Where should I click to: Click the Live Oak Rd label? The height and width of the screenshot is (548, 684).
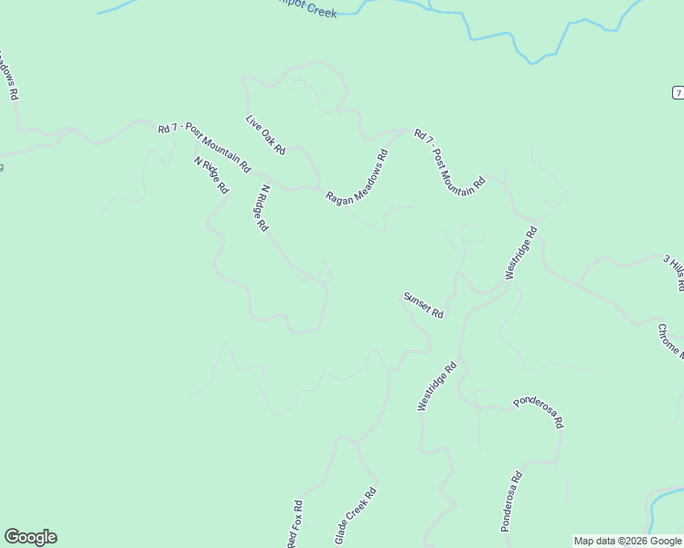(266, 134)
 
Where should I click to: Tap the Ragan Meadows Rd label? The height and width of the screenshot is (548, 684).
(358, 177)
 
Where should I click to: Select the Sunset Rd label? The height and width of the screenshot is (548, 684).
(423, 305)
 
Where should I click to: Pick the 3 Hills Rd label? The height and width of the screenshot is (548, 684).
(673, 272)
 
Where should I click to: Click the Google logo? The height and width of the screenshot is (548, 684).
(30, 537)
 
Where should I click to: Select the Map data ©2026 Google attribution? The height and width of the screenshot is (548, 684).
(627, 541)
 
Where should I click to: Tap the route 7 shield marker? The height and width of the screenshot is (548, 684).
(678, 93)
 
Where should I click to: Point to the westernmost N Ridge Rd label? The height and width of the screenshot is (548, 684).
(210, 174)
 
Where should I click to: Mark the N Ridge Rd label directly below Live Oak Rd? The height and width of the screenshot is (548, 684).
(263, 208)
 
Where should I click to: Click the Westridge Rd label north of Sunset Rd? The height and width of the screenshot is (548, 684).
(521, 253)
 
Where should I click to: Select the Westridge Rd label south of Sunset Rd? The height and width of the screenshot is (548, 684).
(436, 386)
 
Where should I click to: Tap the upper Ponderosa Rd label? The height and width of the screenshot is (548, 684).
(539, 412)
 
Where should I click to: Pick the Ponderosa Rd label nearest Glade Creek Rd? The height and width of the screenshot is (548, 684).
(510, 501)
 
